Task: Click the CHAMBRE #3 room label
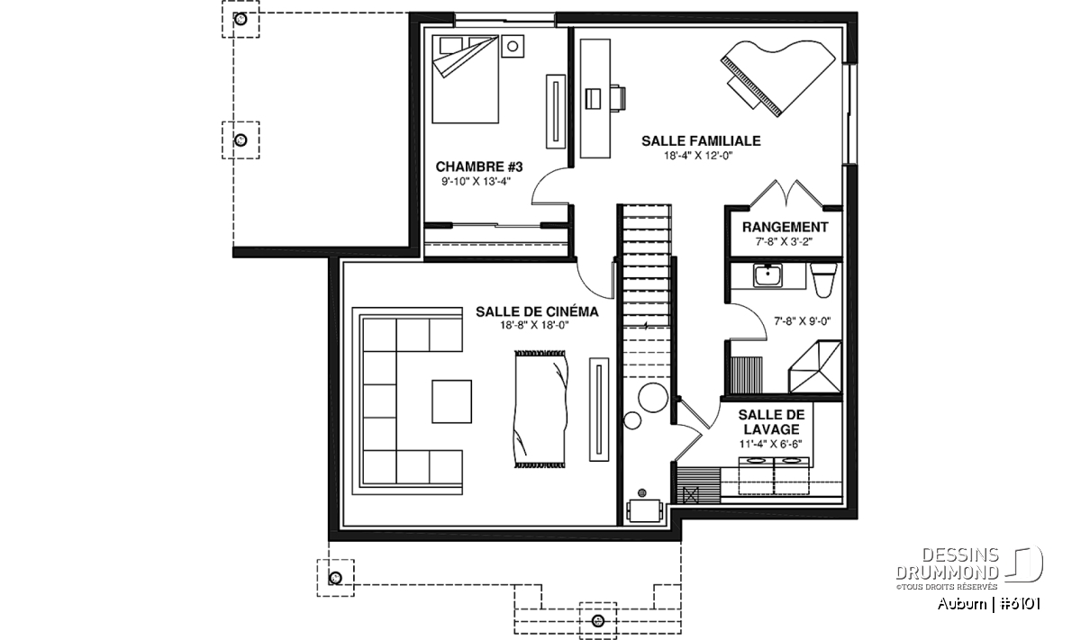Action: pos(478,167)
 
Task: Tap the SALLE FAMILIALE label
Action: pos(701,140)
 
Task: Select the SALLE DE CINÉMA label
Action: pos(537,311)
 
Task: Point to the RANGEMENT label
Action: pos(785,227)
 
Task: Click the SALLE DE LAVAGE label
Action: pos(771,422)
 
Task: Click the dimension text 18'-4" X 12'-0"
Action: pos(698,156)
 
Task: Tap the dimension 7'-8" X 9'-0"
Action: pos(802,321)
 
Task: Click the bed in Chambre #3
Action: pos(465,78)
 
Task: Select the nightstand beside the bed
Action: pos(513,46)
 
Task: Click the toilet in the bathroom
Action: pos(822,280)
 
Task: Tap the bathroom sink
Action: pos(768,275)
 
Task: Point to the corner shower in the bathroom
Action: pos(815,366)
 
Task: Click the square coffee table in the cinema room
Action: pos(451,401)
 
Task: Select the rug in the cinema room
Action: pos(540,409)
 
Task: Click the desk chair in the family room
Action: pos(618,98)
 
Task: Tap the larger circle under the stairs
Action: pos(652,397)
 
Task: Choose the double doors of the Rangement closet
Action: pos(786,194)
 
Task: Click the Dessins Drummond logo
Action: pos(968,569)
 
